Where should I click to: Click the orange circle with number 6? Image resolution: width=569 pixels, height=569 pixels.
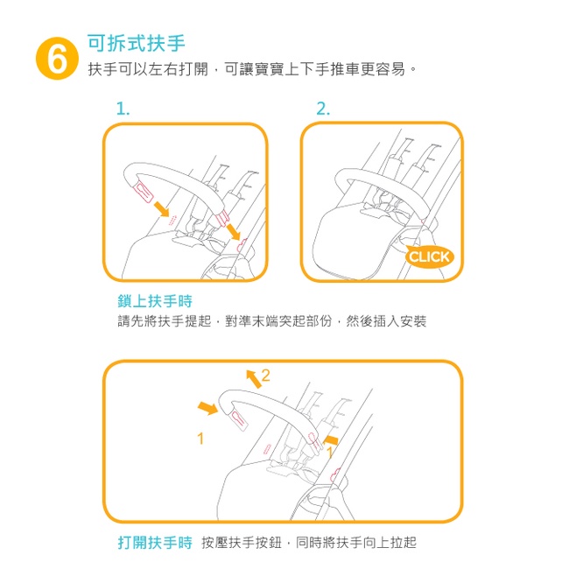[x=57, y=59]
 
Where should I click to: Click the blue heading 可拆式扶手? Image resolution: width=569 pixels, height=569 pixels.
[x=136, y=43]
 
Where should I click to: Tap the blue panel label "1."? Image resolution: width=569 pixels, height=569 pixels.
[x=123, y=109]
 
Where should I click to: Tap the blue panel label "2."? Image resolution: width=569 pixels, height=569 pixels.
[x=323, y=109]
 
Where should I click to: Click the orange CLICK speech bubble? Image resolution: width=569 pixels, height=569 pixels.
[x=429, y=256]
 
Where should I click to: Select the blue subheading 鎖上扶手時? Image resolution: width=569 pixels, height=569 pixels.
[x=155, y=301]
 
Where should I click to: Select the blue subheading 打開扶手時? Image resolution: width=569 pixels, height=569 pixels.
[x=155, y=543]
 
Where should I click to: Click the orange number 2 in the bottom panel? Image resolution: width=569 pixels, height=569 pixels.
[x=265, y=376]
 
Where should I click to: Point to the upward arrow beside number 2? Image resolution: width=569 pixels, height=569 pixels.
[x=254, y=379]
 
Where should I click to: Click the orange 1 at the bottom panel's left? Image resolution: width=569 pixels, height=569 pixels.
[x=200, y=439]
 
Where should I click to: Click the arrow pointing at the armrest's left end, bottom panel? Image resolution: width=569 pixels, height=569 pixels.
[x=208, y=408]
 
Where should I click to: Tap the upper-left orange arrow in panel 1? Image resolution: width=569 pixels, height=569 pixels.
[x=161, y=208]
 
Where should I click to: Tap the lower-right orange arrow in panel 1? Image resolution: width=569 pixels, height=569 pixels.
[x=234, y=231]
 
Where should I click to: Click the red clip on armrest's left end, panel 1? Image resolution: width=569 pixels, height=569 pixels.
[x=144, y=193]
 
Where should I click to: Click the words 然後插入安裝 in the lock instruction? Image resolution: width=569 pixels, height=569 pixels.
[x=386, y=320]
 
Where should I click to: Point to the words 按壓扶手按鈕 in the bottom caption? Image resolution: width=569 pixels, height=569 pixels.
[x=242, y=543]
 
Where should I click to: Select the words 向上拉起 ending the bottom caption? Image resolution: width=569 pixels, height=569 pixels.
[x=390, y=543]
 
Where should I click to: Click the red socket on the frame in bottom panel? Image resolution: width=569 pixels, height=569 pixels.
[x=335, y=475]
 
